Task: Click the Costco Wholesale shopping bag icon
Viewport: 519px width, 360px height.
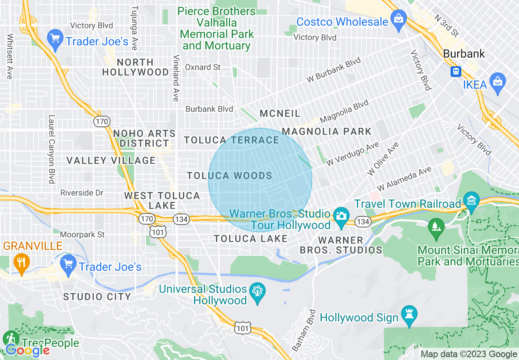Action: [397, 18]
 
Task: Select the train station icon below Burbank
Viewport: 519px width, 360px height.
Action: [456, 72]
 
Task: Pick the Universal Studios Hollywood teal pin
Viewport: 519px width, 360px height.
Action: [257, 292]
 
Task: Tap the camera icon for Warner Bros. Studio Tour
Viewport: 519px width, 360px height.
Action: [341, 215]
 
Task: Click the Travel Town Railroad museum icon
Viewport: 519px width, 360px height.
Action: [472, 201]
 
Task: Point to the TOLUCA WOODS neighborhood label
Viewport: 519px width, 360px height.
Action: [229, 176]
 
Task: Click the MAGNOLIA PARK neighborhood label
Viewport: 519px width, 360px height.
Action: [327, 131]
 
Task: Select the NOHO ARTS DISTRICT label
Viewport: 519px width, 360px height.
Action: [144, 138]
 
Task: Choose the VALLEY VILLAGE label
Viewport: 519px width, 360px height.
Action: [111, 160]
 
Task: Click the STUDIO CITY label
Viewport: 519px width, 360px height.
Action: [97, 297]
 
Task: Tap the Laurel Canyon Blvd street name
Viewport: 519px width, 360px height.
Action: [52, 149]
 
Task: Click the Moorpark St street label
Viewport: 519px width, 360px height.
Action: [82, 234]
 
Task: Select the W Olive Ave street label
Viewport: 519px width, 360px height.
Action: [383, 159]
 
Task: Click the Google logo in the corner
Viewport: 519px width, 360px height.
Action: [27, 350]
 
